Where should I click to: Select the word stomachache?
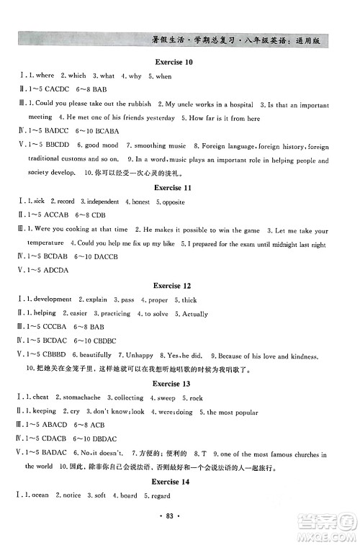(80, 397)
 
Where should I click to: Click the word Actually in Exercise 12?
(193, 314)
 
